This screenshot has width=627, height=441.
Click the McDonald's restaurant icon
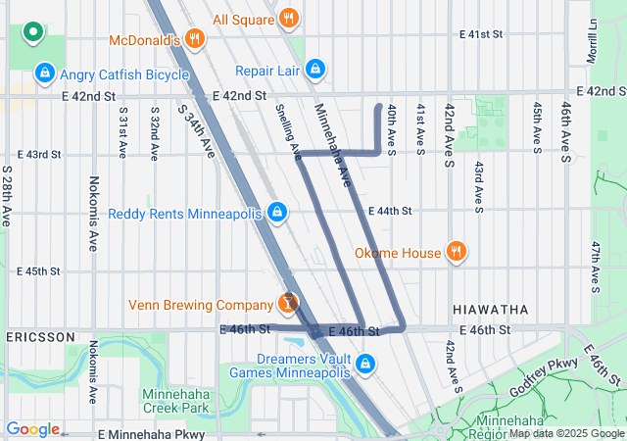point(195,40)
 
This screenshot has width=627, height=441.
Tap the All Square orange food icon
point(288,18)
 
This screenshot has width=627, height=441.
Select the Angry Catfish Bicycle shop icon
point(43,73)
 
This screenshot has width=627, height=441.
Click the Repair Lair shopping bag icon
point(314,71)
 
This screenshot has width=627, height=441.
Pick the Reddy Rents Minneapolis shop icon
point(277,213)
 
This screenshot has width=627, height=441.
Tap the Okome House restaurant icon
point(456,252)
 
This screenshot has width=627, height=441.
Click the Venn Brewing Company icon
point(288,303)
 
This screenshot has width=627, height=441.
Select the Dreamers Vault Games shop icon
point(365,365)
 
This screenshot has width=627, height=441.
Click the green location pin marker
point(32,32)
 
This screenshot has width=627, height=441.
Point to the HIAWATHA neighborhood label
point(490,309)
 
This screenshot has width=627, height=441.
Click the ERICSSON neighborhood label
point(40,336)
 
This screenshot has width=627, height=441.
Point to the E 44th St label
point(390,211)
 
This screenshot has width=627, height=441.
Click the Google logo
point(32,428)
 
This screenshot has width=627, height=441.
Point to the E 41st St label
point(480,33)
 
